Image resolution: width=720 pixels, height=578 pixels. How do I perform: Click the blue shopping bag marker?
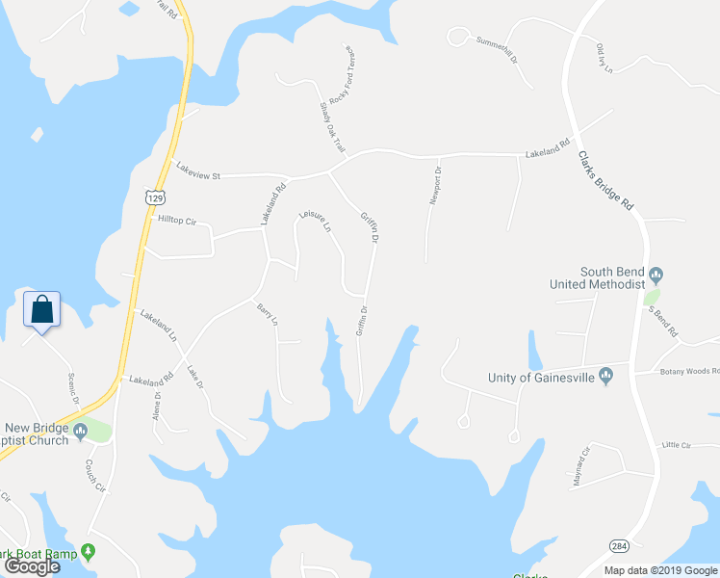coord(41,310)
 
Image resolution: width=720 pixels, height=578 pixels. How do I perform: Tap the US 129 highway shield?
coord(152,197)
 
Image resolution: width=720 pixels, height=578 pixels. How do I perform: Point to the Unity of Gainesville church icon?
coord(605,376)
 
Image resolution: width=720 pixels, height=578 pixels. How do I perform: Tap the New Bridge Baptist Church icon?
coord(81,429)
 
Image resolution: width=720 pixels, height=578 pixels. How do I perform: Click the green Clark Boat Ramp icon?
coord(89,552)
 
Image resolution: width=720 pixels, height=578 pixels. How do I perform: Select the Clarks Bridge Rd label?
coord(611,180)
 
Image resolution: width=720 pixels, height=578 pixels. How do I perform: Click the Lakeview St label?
coord(198,171)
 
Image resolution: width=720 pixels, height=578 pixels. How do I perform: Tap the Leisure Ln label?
coord(315,222)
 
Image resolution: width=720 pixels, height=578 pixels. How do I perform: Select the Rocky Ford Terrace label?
coord(343,76)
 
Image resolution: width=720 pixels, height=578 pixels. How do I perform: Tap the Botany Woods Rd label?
coord(689,372)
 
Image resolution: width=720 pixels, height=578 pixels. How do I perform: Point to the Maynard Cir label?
coord(580,466)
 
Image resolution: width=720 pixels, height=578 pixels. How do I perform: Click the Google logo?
coord(32,566)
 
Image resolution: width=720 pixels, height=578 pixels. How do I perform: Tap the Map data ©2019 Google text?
coord(659,570)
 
